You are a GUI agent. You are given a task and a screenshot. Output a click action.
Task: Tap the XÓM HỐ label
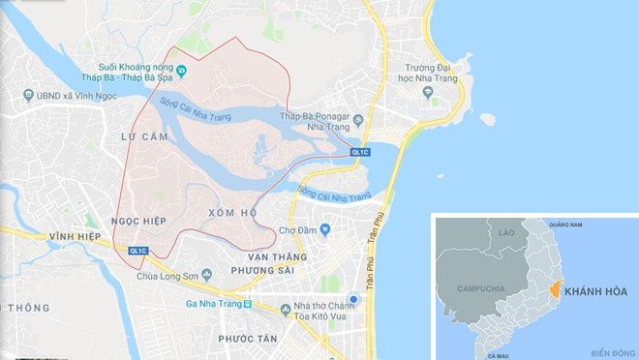(x=232, y=212)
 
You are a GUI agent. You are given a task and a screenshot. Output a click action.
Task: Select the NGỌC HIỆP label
(x=140, y=221)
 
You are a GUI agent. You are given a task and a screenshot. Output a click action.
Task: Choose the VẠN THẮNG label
(x=277, y=256)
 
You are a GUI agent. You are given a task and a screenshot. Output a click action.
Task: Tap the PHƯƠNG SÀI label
(x=261, y=272)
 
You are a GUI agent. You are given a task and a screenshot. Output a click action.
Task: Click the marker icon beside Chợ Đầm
(x=325, y=230)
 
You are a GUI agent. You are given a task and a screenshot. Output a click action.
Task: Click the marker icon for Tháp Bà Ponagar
(x=358, y=120)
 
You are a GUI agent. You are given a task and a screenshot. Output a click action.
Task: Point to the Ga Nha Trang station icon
(x=248, y=302)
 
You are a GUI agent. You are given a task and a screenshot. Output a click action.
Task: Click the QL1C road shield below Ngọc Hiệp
(x=138, y=252)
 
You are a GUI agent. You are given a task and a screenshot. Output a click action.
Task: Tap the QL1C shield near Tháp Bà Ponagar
(x=359, y=152)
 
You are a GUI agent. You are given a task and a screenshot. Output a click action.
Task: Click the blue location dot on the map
(x=355, y=300)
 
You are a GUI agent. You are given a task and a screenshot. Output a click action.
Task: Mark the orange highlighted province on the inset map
(x=556, y=287)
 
